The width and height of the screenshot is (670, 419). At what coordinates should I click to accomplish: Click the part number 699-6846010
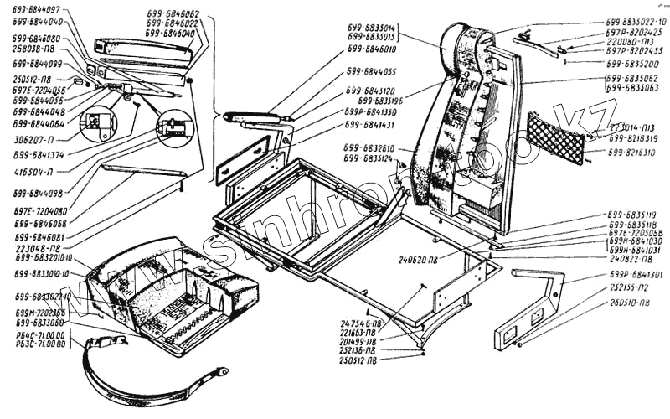point(369,50)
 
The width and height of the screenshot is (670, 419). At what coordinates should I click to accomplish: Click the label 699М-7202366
point(39,311)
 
